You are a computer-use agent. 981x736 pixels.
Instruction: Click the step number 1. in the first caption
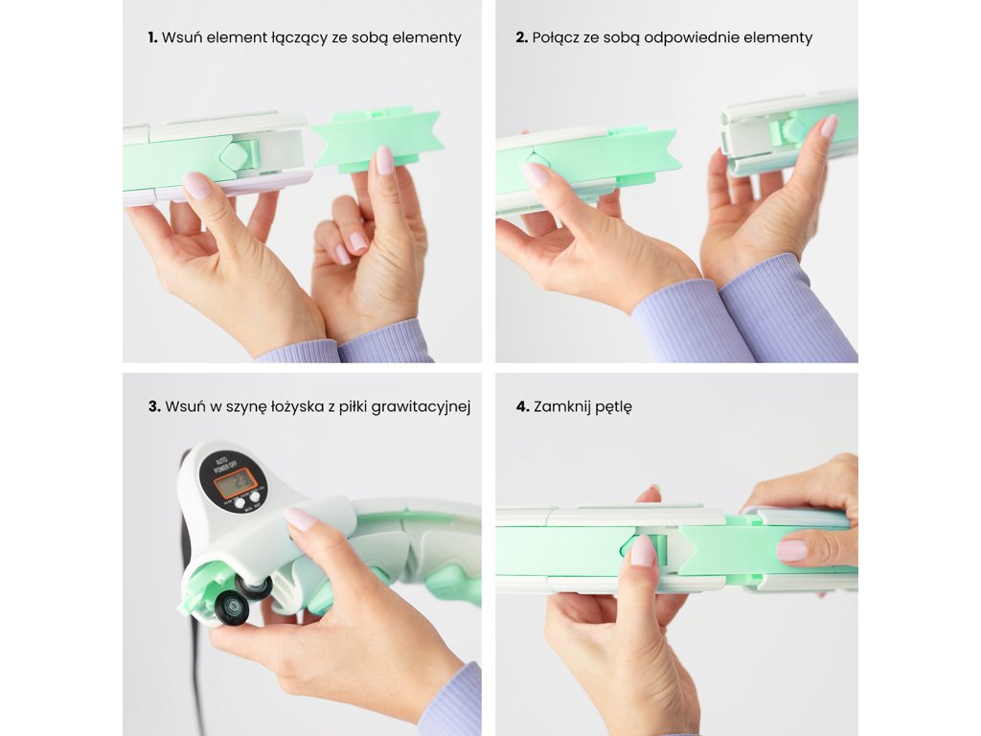tap(152, 37)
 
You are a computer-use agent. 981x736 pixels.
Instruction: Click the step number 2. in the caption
tap(522, 37)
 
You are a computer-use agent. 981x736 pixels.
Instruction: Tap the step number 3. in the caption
tap(154, 406)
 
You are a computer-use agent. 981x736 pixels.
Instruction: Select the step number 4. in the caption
tap(522, 406)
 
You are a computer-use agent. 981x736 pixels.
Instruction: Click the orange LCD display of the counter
tap(234, 483)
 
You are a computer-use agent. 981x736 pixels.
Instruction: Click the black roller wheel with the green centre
tap(234, 607)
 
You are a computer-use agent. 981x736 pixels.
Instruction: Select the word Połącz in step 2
tap(555, 38)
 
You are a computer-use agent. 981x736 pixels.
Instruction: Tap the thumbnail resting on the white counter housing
tap(299, 518)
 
